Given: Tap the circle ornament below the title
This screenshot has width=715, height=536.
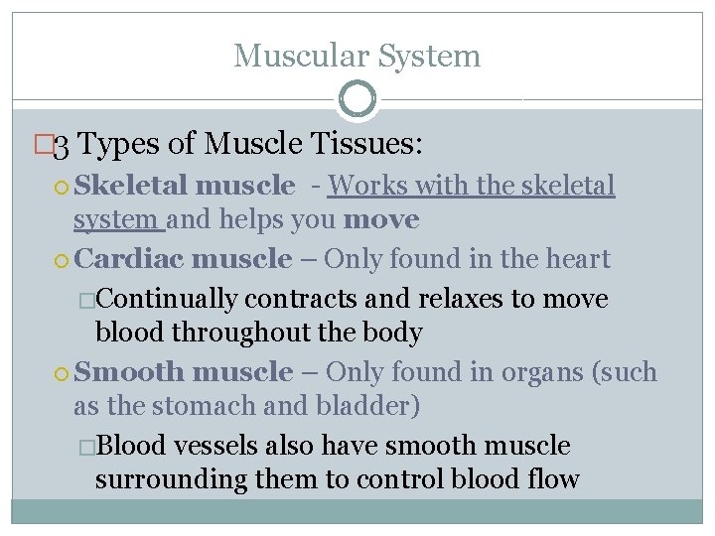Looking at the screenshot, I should click(x=357, y=99).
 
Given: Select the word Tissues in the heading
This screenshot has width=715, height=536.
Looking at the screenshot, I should click(x=364, y=145).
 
